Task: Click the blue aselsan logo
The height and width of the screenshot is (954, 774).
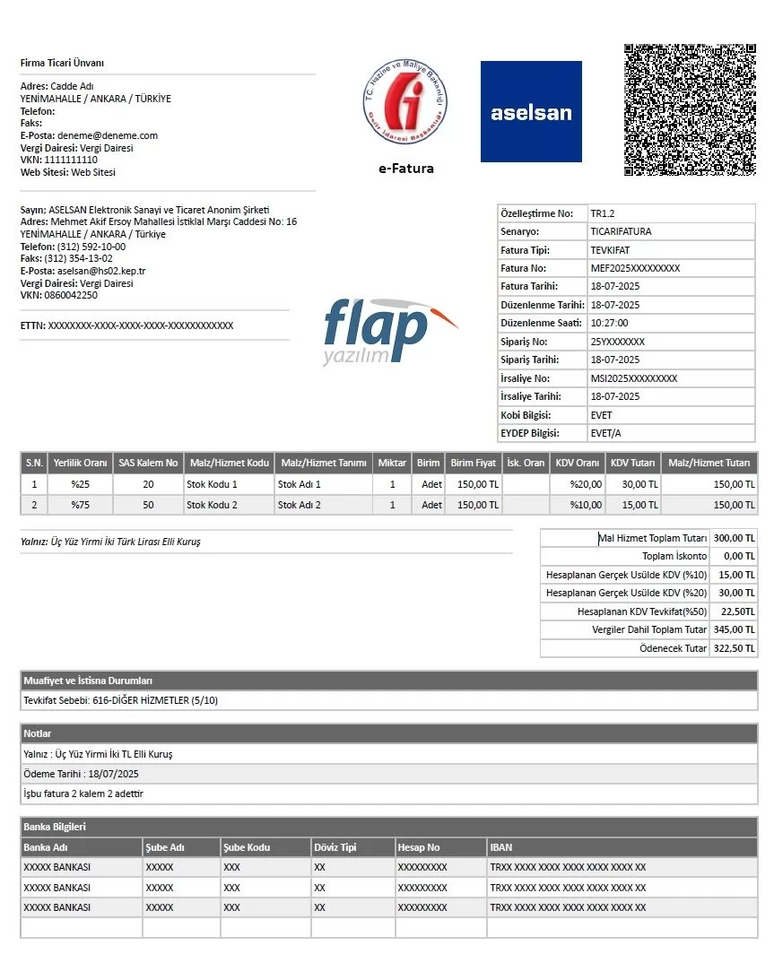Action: [531, 112]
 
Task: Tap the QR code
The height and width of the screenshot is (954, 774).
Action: [690, 109]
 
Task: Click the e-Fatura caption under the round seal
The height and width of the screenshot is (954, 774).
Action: [405, 169]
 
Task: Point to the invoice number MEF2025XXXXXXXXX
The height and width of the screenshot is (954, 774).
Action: [635, 268]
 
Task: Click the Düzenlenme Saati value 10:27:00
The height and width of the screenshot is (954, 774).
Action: [609, 323]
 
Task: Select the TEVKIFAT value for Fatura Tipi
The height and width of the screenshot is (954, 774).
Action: [611, 250]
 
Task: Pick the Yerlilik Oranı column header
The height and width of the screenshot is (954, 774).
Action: [80, 463]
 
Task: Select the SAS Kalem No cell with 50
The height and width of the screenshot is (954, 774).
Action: [148, 505]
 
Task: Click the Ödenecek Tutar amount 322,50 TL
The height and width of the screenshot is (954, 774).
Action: [734, 648]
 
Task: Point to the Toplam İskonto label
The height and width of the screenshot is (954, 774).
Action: [674, 557]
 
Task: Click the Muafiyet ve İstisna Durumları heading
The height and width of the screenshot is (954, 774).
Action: [82, 681]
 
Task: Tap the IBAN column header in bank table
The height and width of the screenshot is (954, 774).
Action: [501, 847]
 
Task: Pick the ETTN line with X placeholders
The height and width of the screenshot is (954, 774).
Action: [126, 325]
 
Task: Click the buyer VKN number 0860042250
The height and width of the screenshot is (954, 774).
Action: [71, 295]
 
